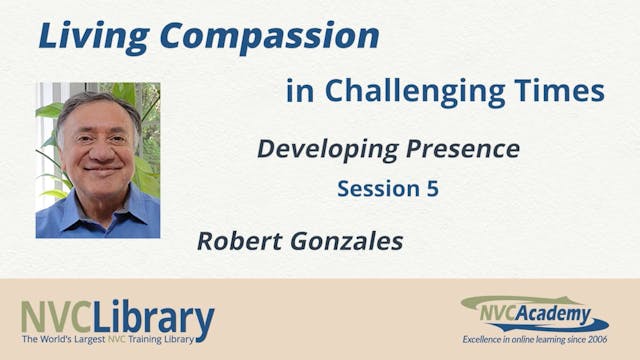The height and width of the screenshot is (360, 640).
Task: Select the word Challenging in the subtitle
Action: tap(424, 92)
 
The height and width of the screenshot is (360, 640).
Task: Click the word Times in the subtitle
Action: tap(567, 92)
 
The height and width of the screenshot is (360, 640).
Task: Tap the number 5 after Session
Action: tap(432, 189)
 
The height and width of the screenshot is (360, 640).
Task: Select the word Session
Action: tap(377, 189)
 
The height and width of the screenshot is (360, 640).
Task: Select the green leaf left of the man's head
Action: tap(48, 110)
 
